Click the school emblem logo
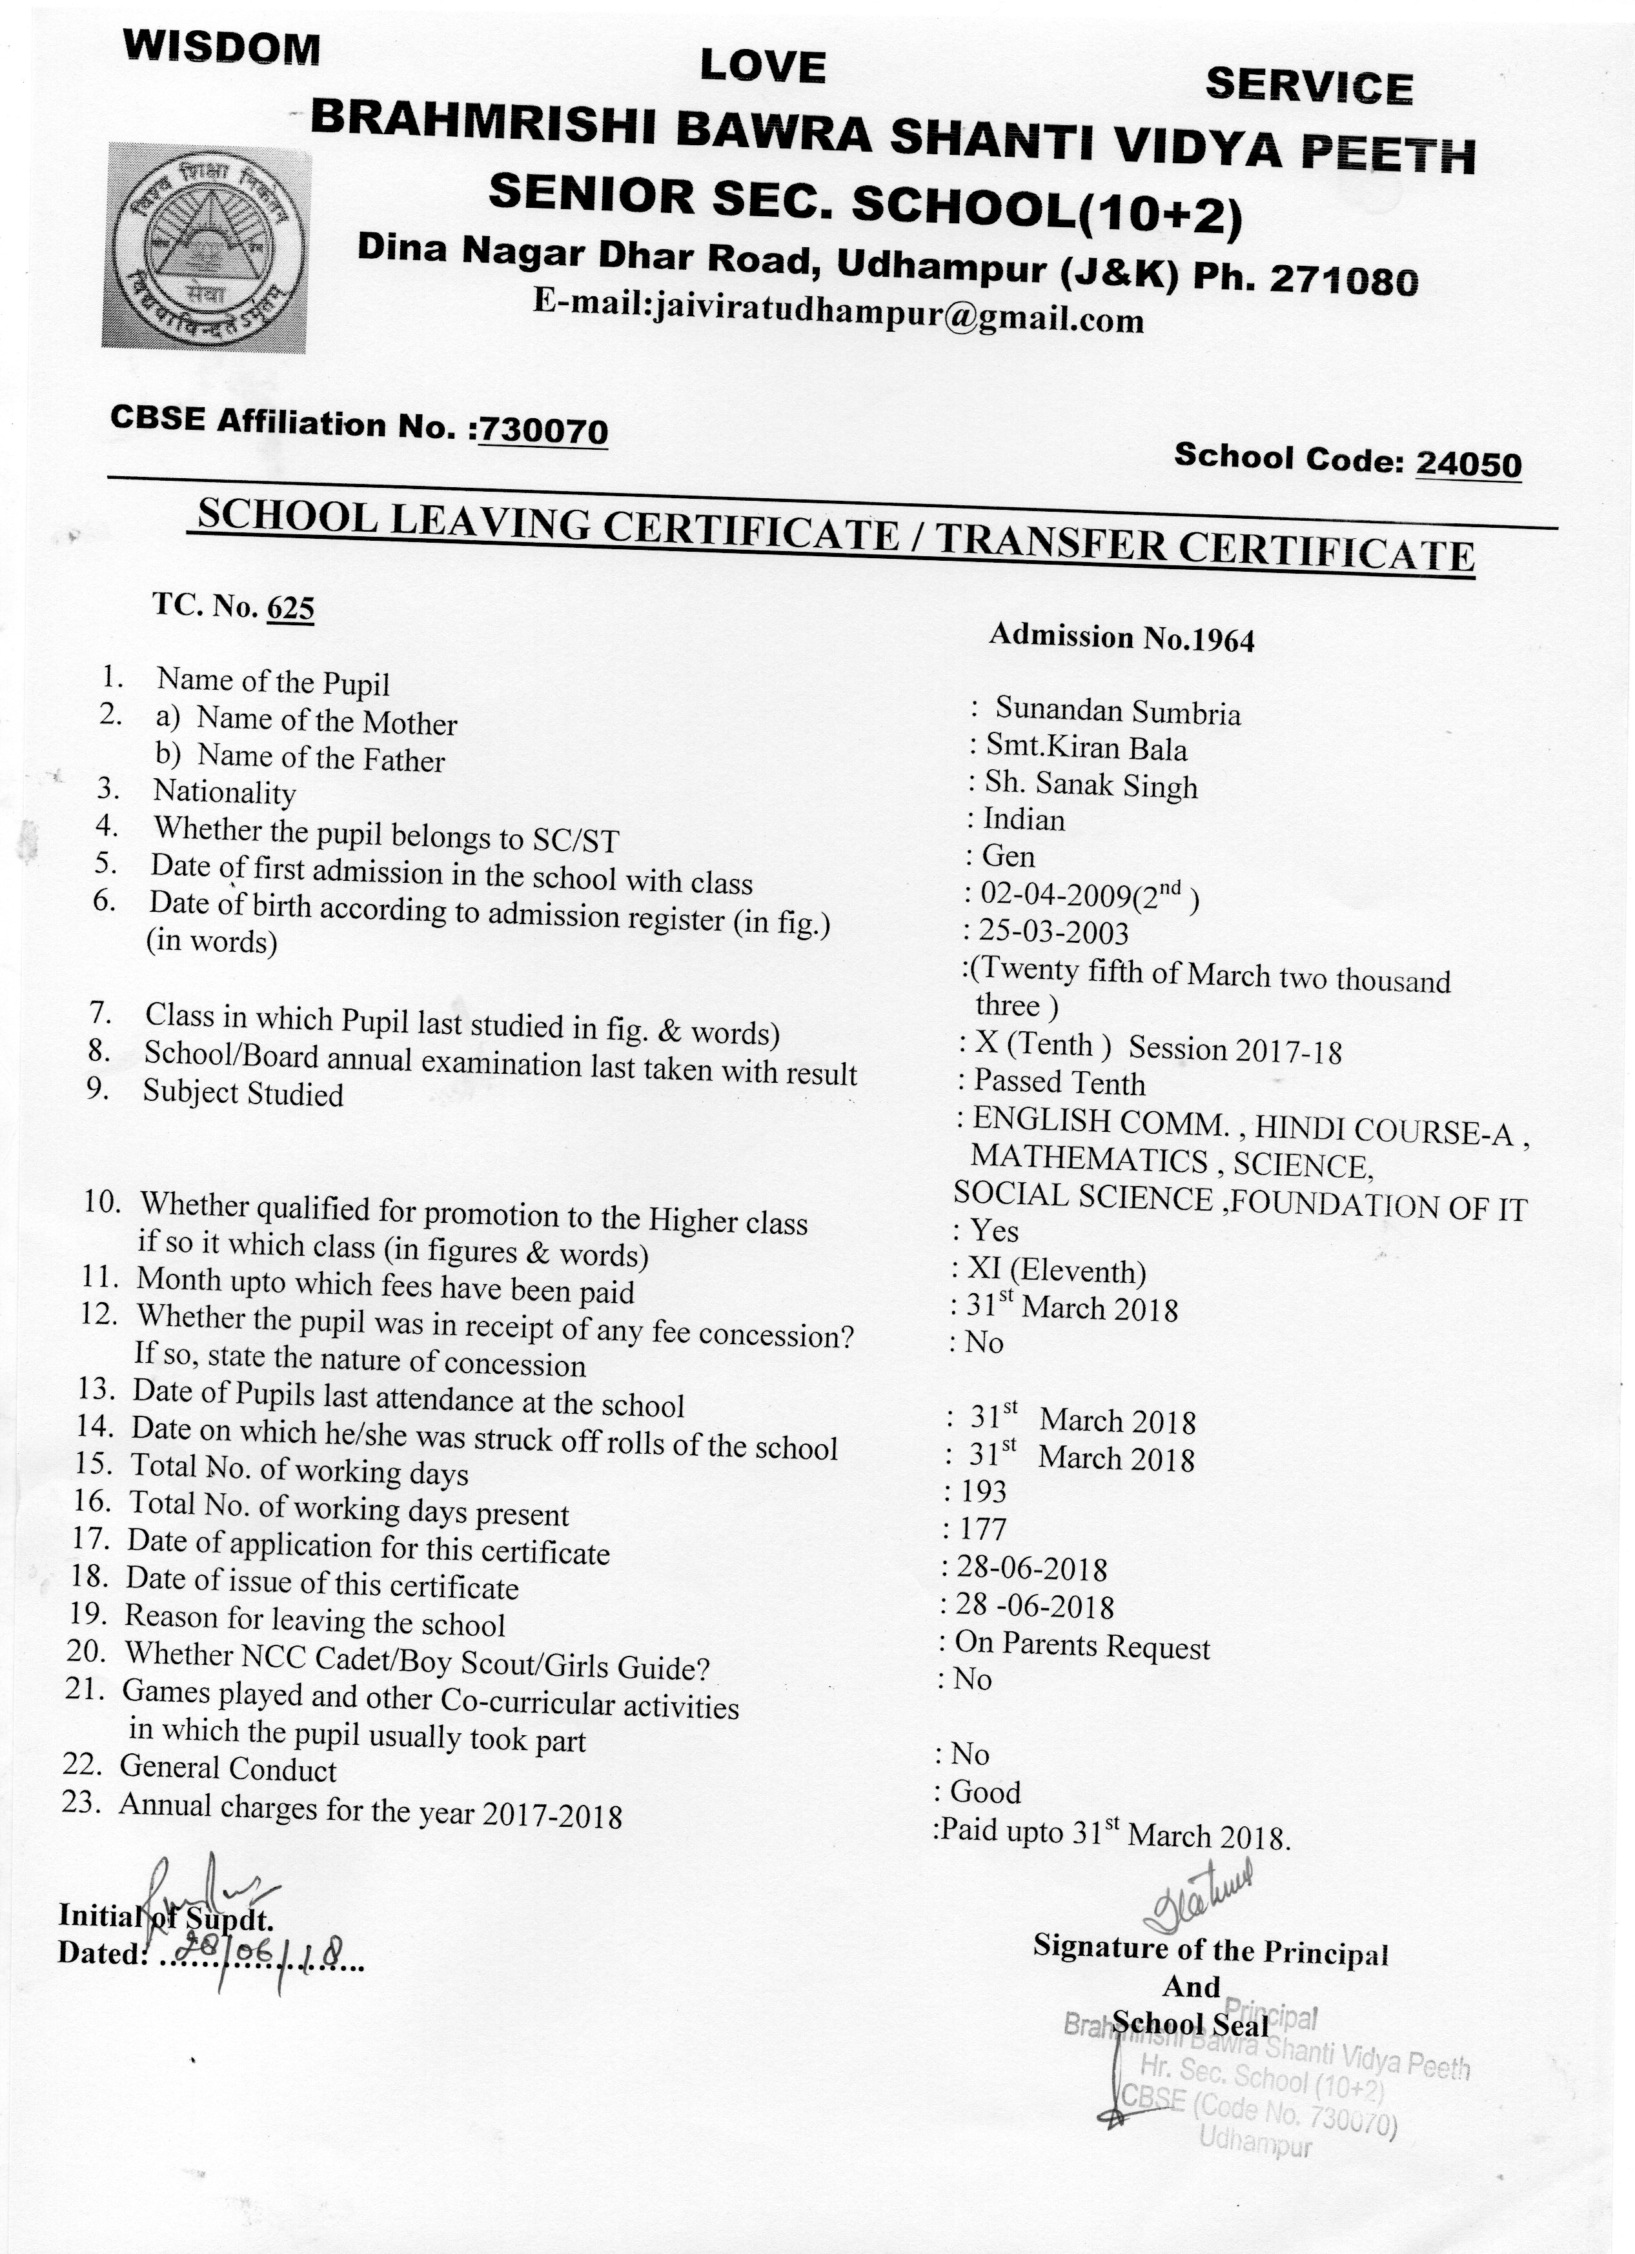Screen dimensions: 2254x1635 click(207, 247)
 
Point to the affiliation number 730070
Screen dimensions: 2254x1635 click(543, 430)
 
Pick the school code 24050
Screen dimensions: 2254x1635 click(1468, 463)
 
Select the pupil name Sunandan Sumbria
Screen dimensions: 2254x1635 click(1117, 712)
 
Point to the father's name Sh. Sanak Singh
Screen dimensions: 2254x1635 click(1090, 785)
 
